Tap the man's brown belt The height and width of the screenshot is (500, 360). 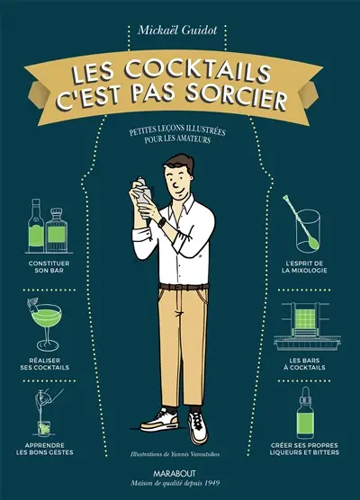pyautogui.click(x=179, y=287)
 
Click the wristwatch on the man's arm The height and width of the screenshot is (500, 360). pyautogui.click(x=161, y=220)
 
